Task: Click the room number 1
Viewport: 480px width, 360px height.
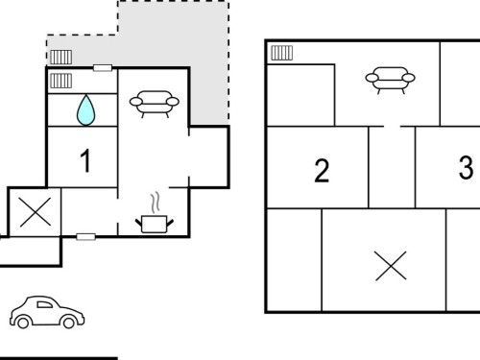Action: (85, 160)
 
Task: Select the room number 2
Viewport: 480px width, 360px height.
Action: (322, 171)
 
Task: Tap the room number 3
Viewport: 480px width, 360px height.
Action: (466, 167)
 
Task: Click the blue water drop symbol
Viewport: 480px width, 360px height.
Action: (85, 109)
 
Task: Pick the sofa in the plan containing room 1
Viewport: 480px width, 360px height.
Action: (155, 104)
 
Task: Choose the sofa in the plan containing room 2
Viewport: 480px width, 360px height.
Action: (390, 80)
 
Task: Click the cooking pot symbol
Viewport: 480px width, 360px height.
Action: (155, 224)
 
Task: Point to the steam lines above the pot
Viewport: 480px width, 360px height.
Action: (156, 203)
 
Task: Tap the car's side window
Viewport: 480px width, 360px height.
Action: (44, 304)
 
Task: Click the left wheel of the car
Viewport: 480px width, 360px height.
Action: (23, 323)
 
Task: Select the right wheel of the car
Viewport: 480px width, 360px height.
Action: (68, 323)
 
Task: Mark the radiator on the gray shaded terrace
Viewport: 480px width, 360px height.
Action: (60, 58)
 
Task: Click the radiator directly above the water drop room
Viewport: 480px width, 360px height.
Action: (60, 81)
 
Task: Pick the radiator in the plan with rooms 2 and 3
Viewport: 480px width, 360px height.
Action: (282, 53)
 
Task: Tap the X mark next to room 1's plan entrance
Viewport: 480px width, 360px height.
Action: (36, 212)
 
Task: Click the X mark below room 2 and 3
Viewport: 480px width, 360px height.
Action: (391, 266)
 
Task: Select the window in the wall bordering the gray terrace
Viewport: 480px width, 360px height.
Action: (103, 68)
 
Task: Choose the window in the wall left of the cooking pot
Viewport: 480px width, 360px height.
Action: (85, 237)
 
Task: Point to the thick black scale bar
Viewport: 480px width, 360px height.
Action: (59, 358)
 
